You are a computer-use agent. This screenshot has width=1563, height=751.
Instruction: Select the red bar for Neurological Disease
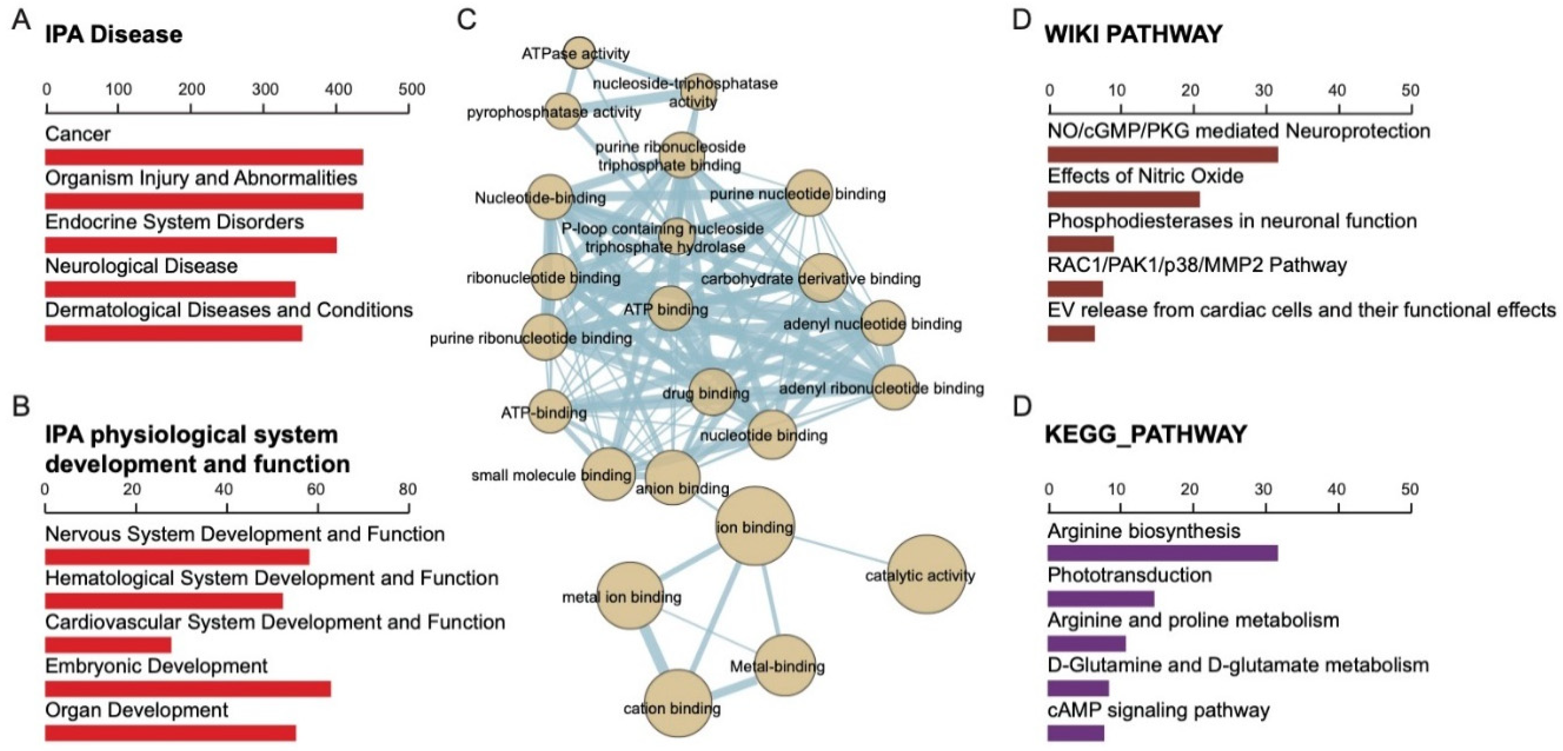pyautogui.click(x=170, y=289)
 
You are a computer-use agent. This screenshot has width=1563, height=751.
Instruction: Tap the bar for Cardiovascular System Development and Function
pyautogui.click(x=108, y=645)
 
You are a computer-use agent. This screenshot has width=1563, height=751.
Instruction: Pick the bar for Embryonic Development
pyautogui.click(x=188, y=688)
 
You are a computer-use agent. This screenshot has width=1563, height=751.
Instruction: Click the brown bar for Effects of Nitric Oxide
pyautogui.click(x=1123, y=199)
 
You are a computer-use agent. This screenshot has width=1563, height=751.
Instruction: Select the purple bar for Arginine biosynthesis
pyautogui.click(x=1162, y=553)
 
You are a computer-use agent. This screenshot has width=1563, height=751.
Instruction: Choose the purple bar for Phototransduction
pyautogui.click(x=1100, y=599)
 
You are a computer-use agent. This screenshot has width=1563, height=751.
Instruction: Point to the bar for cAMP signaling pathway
pyautogui.click(x=1075, y=733)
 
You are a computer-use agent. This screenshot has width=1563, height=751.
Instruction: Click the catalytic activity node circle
pyautogui.click(x=926, y=574)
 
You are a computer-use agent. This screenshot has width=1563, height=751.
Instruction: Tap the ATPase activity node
pyautogui.click(x=579, y=53)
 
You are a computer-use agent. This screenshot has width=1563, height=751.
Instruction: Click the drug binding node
pyautogui.click(x=712, y=391)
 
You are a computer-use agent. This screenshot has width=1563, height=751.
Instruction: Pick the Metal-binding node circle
pyautogui.click(x=785, y=665)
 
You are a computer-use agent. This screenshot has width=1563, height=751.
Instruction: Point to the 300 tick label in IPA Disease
pyautogui.click(x=265, y=89)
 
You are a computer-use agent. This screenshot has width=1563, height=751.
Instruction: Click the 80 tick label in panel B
pyautogui.click(x=408, y=489)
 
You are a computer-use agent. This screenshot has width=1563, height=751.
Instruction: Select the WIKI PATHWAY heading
pyautogui.click(x=1133, y=34)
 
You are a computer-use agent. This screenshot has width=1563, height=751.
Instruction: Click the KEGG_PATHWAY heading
pyautogui.click(x=1145, y=434)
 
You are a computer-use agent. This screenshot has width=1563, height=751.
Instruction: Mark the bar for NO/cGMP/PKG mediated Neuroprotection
pyautogui.click(x=1162, y=154)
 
